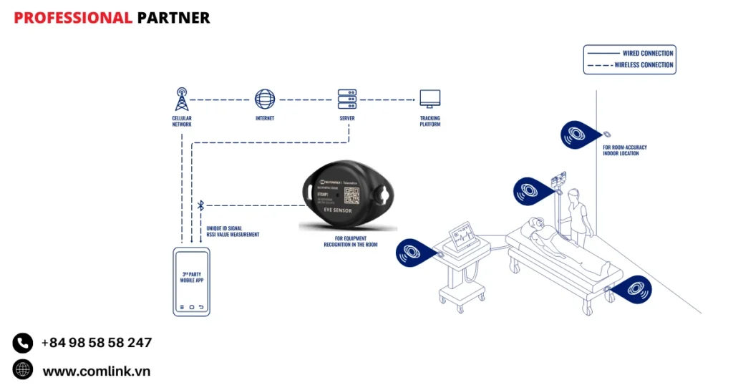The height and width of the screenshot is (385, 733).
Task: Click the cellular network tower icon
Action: click(x=181, y=99)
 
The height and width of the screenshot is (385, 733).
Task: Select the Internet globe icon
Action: click(x=264, y=99)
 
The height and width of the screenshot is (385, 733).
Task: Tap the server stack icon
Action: click(x=347, y=99)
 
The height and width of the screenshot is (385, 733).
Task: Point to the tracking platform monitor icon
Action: click(x=429, y=99)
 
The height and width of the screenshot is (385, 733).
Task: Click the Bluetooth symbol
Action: click(x=200, y=206)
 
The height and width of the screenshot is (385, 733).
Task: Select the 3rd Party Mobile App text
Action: click(x=191, y=278)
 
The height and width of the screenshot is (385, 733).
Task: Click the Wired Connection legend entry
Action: click(x=647, y=53)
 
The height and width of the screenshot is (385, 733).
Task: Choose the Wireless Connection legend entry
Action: click(x=644, y=65)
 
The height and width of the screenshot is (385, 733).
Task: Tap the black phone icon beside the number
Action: click(x=23, y=343)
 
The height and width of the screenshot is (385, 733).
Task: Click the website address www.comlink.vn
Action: click(x=97, y=371)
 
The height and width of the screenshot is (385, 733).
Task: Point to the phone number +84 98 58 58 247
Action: click(x=97, y=343)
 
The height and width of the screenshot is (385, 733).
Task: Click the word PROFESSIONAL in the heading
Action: click(x=72, y=18)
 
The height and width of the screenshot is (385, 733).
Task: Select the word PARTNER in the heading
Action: click(x=173, y=18)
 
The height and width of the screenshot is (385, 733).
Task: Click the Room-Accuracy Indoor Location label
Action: click(x=625, y=150)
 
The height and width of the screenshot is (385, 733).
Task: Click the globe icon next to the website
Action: click(x=23, y=369)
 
